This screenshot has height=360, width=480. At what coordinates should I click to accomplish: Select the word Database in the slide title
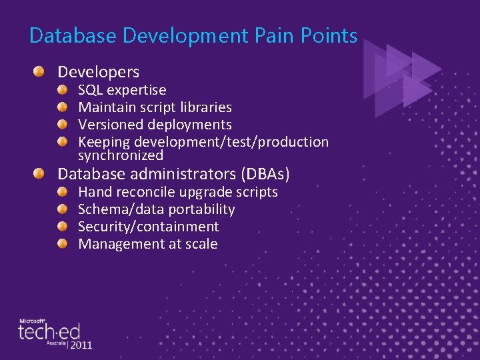click(x=63, y=35)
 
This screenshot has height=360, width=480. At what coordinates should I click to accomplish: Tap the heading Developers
click(x=99, y=71)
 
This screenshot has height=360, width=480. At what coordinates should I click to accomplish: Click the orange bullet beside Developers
click(x=41, y=71)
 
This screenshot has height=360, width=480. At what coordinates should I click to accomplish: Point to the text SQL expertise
click(x=122, y=90)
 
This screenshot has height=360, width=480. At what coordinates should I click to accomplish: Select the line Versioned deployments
click(x=155, y=125)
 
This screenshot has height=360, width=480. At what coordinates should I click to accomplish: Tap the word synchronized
click(x=121, y=155)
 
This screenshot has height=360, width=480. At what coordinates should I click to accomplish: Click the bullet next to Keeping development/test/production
click(x=62, y=141)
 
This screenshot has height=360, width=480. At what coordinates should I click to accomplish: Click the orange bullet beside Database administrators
click(x=41, y=174)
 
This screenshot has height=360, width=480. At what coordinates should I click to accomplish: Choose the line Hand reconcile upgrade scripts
click(x=178, y=192)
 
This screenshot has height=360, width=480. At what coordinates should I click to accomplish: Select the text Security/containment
click(x=148, y=227)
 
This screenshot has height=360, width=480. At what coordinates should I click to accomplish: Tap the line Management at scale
click(x=147, y=244)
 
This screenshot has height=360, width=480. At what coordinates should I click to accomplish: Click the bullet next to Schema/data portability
click(x=62, y=209)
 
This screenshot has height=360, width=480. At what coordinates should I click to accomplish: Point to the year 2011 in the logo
click(x=81, y=345)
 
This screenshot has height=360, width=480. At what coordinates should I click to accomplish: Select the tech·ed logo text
click(x=49, y=331)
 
